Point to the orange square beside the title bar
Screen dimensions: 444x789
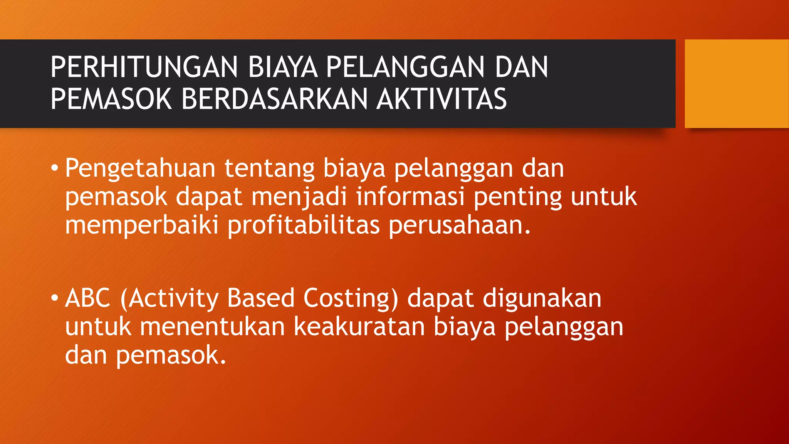(737, 84)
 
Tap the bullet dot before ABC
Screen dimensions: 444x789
(55, 298)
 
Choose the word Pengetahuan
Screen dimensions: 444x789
(140, 169)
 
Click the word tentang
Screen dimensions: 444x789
(269, 169)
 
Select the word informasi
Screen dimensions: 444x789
(410, 197)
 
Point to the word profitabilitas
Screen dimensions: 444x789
(304, 225)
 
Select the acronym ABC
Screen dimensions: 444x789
(88, 298)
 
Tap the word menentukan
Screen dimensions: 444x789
(212, 327)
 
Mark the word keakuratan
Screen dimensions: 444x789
(359, 327)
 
